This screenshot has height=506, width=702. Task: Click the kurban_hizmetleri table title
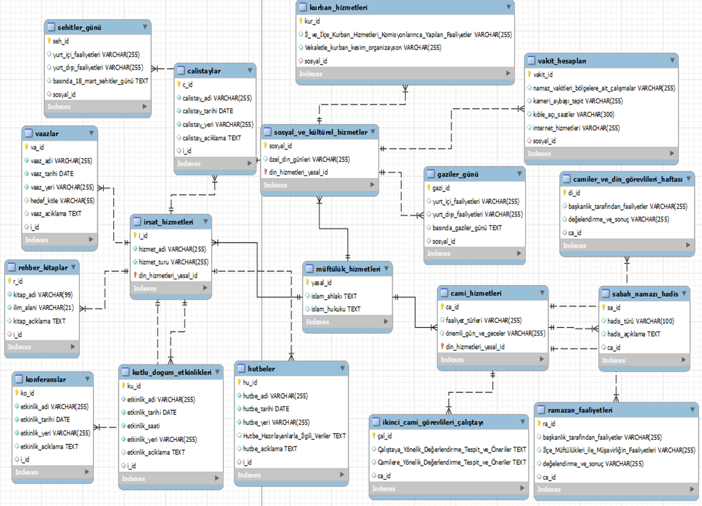click(339, 7)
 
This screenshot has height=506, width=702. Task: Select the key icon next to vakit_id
click(530, 74)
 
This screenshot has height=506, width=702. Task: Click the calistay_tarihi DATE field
click(207, 111)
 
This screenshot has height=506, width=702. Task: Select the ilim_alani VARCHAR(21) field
click(43, 308)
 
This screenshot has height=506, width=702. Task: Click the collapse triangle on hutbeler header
click(343, 368)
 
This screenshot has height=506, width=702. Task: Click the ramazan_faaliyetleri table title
click(580, 410)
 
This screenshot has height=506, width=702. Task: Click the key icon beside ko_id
click(16, 393)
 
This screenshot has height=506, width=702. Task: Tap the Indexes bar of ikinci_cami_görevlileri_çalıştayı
click(383, 488)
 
